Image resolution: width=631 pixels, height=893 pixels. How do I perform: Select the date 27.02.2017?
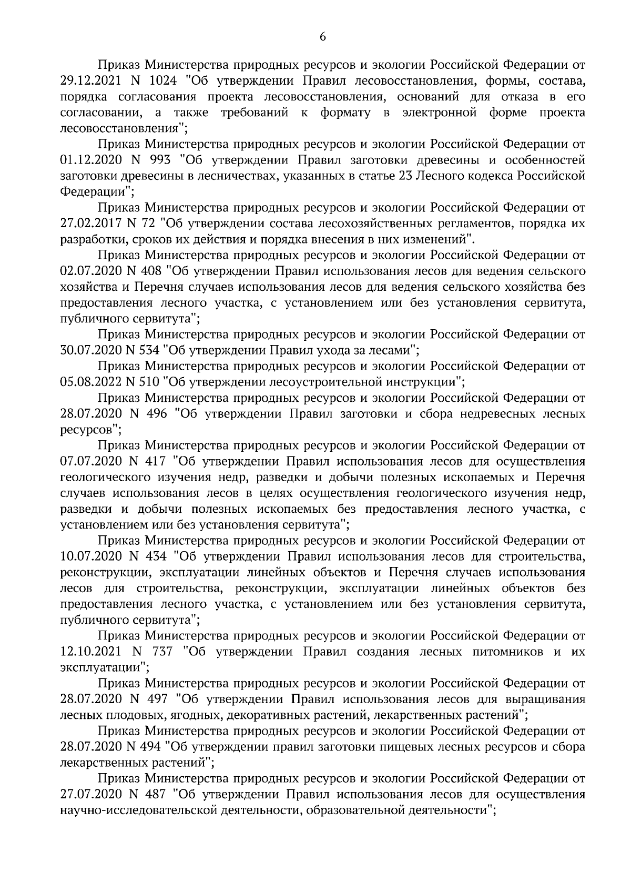(90, 224)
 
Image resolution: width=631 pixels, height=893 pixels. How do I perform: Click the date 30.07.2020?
(90, 350)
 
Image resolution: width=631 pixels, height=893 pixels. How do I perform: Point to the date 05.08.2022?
(90, 382)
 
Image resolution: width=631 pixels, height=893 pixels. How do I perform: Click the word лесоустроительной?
(320, 382)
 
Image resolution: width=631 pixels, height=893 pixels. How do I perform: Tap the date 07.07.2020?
(90, 462)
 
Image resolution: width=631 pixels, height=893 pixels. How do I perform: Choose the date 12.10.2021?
(90, 652)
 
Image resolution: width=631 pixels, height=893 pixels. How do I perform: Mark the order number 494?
(149, 747)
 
